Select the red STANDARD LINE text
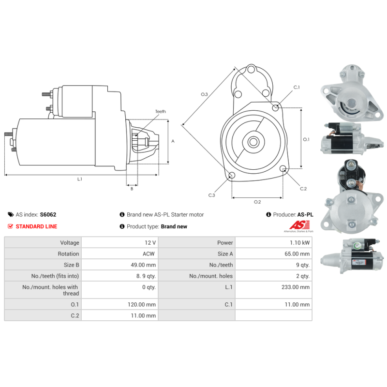(x=36, y=226)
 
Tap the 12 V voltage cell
(x=150, y=242)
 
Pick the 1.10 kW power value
(x=300, y=242)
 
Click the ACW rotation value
(x=149, y=253)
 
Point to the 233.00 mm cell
(x=298, y=287)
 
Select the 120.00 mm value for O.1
(x=144, y=305)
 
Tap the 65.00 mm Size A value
(x=298, y=253)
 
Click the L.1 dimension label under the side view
(x=80, y=179)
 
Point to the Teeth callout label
(x=160, y=112)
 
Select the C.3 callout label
(x=211, y=195)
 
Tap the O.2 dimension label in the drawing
(x=257, y=202)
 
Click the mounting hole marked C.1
(x=276, y=107)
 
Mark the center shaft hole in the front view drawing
(x=253, y=142)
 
